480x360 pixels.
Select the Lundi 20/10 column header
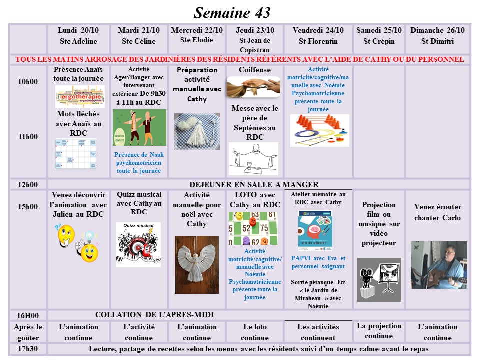pyautogui.click(x=78, y=36)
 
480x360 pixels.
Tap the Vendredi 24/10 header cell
pyautogui.click(x=318, y=36)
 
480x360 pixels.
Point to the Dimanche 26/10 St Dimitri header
pyautogui.click(x=437, y=36)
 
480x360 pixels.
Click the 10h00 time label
pyautogui.click(x=28, y=82)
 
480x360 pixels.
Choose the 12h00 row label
pyautogui.click(x=28, y=185)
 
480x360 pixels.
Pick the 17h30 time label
pyautogui.click(x=28, y=349)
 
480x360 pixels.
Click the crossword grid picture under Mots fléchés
pyautogui.click(x=76, y=153)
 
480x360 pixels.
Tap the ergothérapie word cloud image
pyautogui.click(x=80, y=96)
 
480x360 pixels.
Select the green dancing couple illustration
pyautogui.click(x=139, y=128)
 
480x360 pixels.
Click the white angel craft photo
pyautogui.click(x=196, y=264)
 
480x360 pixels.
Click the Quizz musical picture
pyautogui.click(x=138, y=244)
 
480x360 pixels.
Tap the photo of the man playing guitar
pyautogui.click(x=438, y=265)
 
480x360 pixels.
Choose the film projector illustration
pyautogui.click(x=379, y=279)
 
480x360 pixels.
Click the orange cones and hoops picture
pyautogui.click(x=320, y=131)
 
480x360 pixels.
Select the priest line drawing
pyautogui.click(x=253, y=159)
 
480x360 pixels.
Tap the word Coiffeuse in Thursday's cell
pyautogui.click(x=255, y=70)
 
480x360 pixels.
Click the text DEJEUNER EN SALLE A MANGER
pyautogui.click(x=254, y=185)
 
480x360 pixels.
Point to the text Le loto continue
pyautogui.click(x=254, y=332)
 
